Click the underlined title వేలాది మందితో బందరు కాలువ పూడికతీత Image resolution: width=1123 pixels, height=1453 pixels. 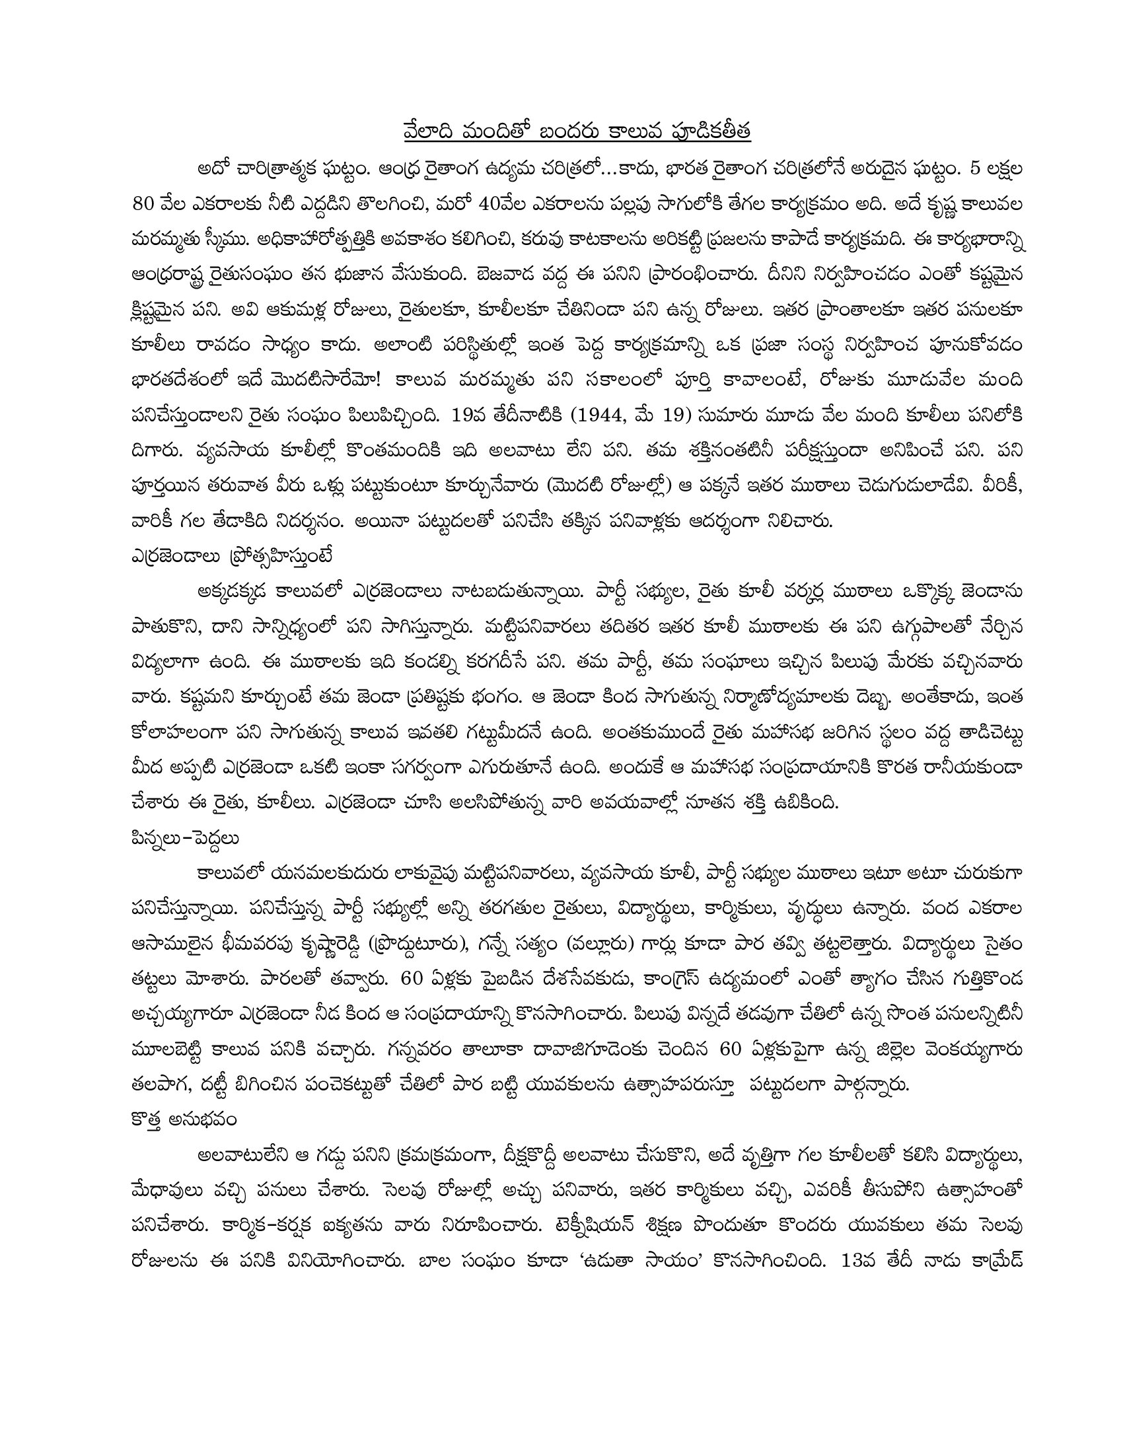[x=577, y=131]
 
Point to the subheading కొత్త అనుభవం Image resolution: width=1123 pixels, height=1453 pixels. [x=184, y=1120]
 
